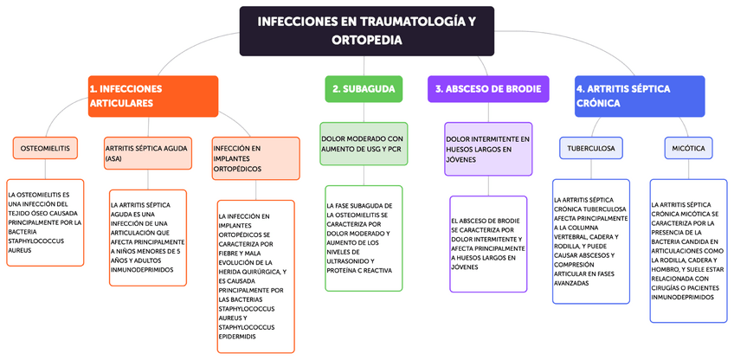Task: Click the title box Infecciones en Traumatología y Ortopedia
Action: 366,30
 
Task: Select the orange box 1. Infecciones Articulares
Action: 152,96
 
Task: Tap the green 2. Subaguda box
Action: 364,89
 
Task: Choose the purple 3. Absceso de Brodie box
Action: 488,89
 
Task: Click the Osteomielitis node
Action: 45,148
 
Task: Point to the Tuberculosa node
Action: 591,148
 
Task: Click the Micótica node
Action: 688,148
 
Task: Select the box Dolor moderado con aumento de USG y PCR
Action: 363,145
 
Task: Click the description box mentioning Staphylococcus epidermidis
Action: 256,276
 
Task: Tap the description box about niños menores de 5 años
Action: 147,237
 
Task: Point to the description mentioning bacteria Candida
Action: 689,251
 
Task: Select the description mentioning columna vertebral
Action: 591,241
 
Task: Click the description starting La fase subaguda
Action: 364,237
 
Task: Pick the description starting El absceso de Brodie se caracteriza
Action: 489,244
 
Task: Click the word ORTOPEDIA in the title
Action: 366,40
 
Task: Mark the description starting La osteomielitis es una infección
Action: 45,222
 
